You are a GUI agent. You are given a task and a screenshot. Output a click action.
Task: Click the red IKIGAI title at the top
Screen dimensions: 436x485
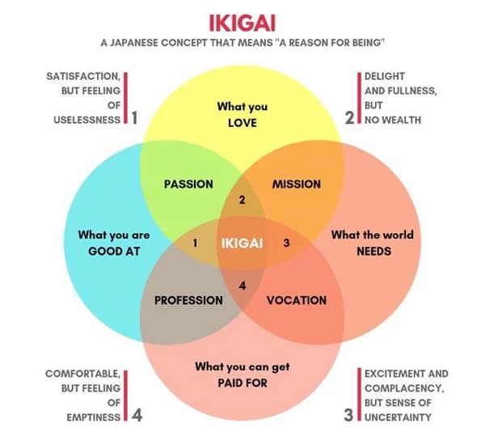click(x=242, y=20)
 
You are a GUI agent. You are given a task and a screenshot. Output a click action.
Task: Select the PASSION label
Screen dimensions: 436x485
click(x=188, y=184)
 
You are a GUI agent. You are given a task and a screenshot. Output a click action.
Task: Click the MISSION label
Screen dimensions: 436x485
click(x=296, y=184)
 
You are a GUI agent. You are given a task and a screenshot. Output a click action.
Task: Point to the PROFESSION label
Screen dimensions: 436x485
click(x=188, y=300)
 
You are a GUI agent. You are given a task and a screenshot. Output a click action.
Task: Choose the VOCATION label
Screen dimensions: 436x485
click(x=297, y=300)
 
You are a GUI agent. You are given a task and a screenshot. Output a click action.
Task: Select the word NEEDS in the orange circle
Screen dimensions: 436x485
click(x=373, y=251)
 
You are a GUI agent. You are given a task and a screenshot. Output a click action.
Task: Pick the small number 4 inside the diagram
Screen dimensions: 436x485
click(x=241, y=284)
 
